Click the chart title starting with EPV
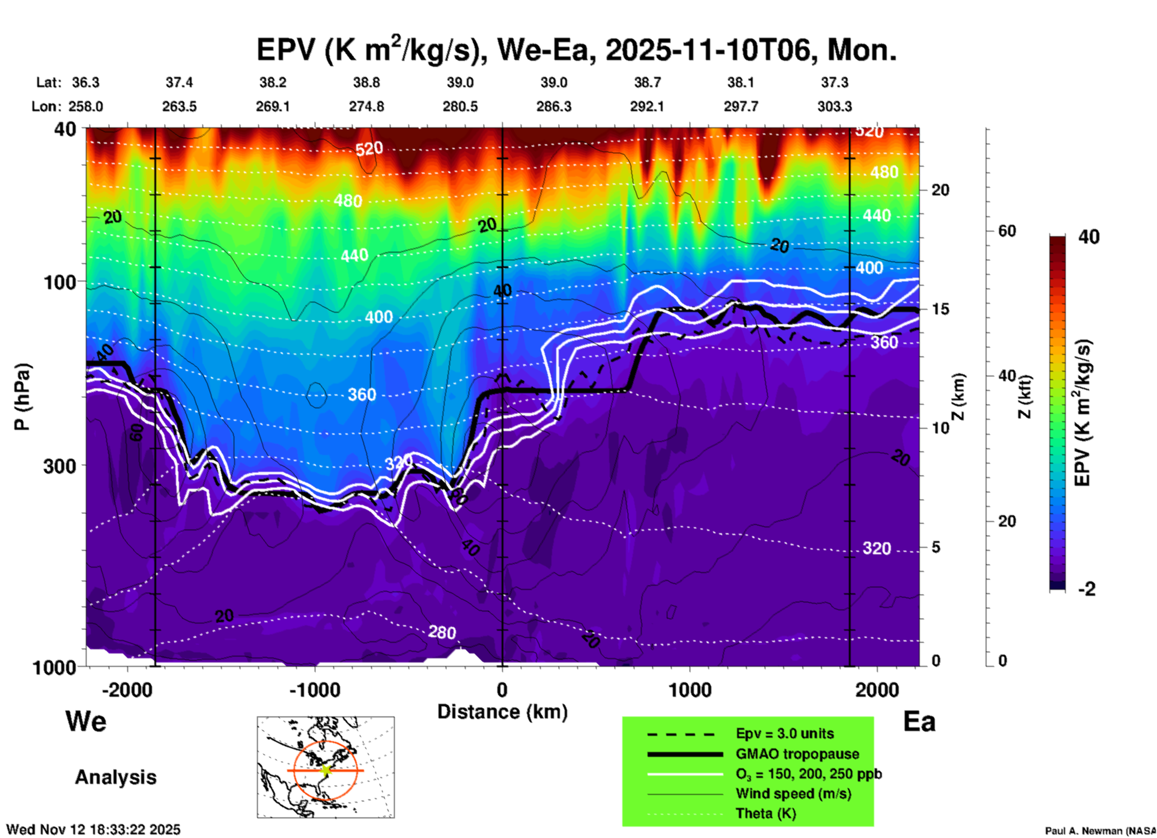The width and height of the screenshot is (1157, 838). pos(577,49)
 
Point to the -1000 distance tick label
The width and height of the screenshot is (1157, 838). pos(315,690)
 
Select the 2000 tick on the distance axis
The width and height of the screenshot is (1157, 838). pos(877,690)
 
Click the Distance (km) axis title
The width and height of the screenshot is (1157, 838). pos(502,712)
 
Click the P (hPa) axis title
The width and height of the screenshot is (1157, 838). pos(22,397)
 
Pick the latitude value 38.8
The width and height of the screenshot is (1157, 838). pos(366,82)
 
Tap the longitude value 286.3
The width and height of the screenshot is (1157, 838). pos(554,106)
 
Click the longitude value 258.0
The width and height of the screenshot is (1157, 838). pos(85,106)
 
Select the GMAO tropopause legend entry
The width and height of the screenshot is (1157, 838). pos(797,754)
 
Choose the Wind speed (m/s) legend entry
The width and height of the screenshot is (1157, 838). pos(793,794)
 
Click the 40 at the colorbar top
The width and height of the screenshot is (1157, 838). pos(1089,237)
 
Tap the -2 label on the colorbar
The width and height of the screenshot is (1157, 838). pos(1087,589)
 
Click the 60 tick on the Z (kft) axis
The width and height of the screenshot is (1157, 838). pos(1007,231)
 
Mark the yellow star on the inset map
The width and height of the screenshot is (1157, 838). pos(326,770)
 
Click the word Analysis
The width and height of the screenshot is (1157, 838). pos(115,777)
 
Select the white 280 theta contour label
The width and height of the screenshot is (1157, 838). pos(442,632)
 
